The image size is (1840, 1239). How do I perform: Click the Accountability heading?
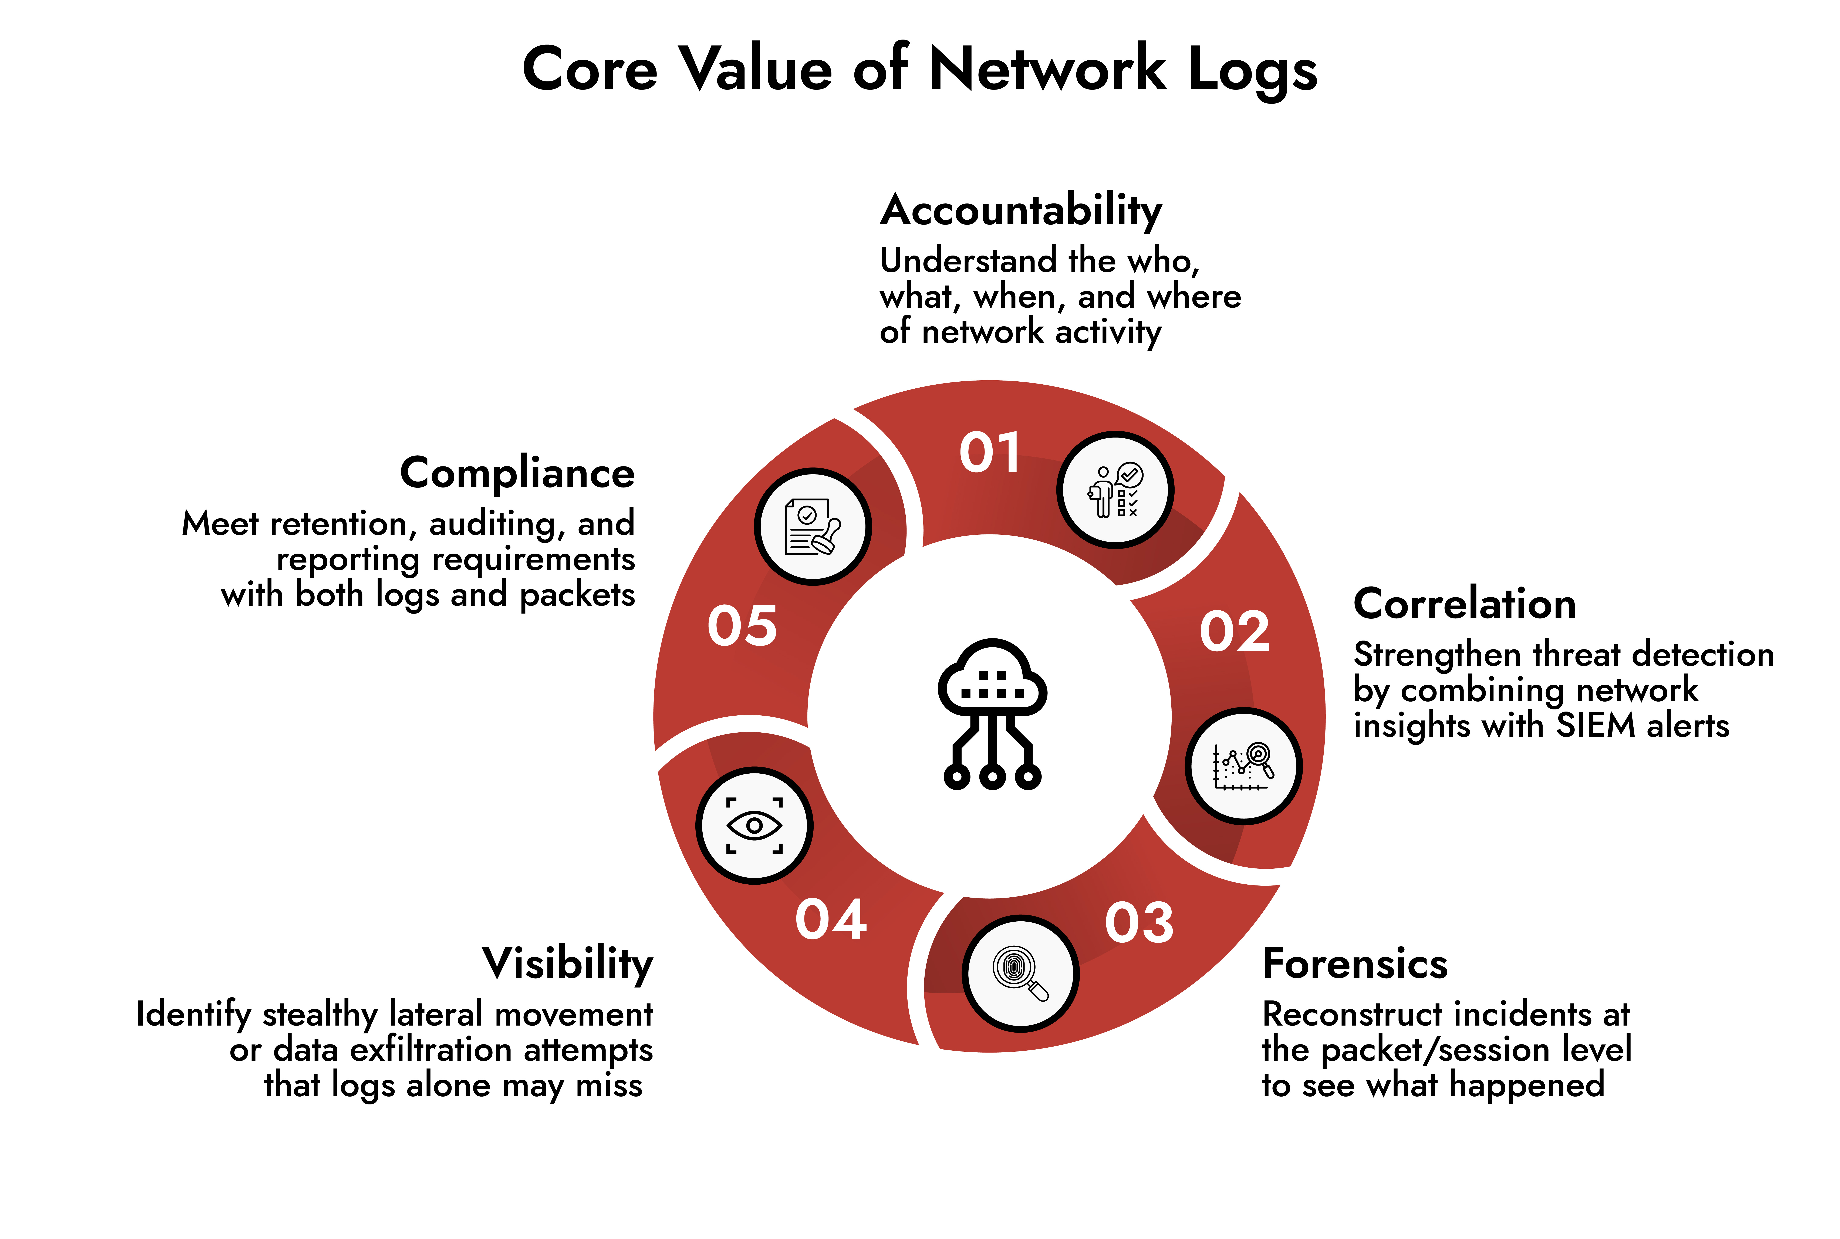click(1021, 212)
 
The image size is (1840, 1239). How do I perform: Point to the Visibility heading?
click(567, 964)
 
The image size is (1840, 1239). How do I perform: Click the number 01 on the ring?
click(989, 453)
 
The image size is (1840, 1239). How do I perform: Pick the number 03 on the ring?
click(1139, 922)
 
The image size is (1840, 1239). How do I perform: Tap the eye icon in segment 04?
click(754, 825)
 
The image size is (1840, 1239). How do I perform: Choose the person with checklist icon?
click(1115, 490)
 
